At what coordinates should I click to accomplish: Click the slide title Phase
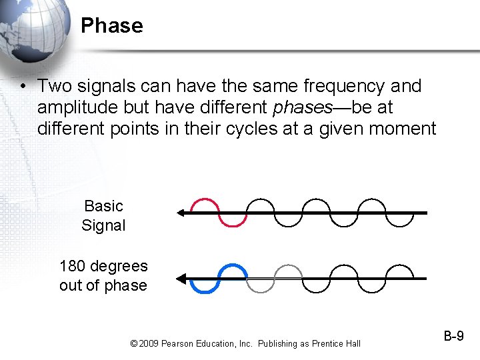(x=111, y=26)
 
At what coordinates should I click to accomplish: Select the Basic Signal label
(x=103, y=215)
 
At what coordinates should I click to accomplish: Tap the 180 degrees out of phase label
(x=103, y=275)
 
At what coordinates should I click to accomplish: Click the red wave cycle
(x=219, y=212)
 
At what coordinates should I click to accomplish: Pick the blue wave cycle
(x=219, y=279)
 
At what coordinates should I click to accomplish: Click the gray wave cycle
(x=275, y=278)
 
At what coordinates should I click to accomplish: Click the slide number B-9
(x=453, y=336)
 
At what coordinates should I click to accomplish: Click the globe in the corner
(x=33, y=27)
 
